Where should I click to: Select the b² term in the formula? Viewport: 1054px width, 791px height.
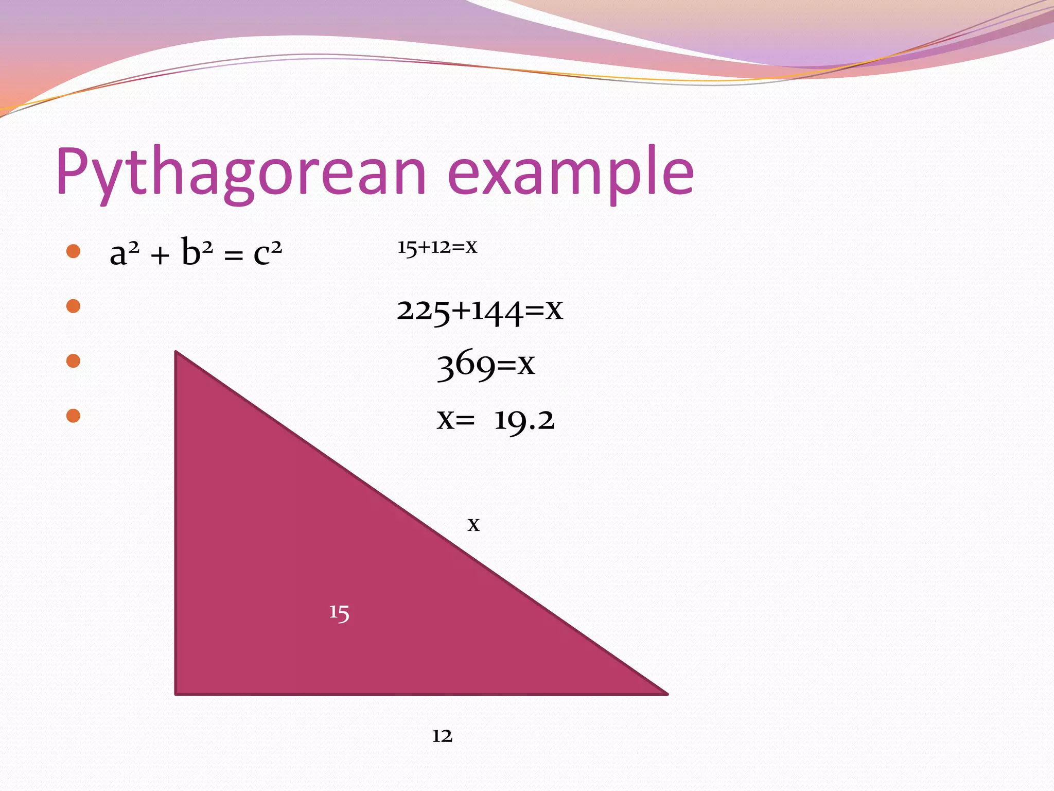(x=197, y=252)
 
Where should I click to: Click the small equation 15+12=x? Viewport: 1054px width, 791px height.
(x=437, y=247)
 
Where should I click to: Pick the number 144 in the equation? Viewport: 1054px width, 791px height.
(x=497, y=311)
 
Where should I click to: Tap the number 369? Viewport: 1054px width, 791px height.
(x=466, y=365)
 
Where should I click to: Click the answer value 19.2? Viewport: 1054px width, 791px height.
(x=524, y=420)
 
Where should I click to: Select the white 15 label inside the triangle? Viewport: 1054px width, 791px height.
(x=339, y=613)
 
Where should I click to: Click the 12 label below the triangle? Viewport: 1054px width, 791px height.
(x=442, y=736)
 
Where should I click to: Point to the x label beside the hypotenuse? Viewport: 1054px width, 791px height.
(x=473, y=525)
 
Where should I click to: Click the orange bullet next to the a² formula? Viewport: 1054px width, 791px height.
(x=74, y=251)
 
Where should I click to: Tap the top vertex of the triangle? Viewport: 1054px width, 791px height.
(x=177, y=353)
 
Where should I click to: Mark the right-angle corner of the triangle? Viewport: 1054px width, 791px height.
(x=177, y=693)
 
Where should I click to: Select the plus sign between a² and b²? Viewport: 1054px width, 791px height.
(x=160, y=255)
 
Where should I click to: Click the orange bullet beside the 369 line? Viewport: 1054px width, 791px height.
(x=74, y=361)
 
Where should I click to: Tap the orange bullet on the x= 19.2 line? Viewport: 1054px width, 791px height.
(x=74, y=416)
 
